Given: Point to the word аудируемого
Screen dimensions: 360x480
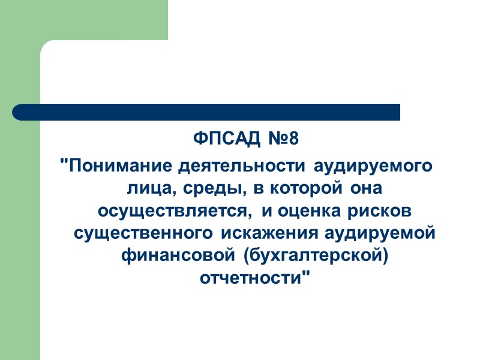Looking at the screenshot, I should pos(364,165).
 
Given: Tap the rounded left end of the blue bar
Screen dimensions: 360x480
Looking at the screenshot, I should pos(19,112).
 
